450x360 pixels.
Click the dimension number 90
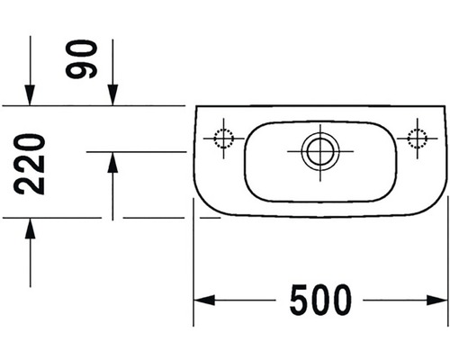pos(81,59)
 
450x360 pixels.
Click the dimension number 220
pos(30,164)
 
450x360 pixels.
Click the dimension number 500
pos(320,300)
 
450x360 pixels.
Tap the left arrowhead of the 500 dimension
pos(204,300)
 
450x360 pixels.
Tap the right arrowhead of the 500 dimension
pos(437,300)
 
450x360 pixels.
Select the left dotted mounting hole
pos(223,139)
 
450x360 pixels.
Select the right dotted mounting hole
pos(418,139)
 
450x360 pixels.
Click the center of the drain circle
pos(320,151)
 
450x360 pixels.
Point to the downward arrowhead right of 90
pos(112,95)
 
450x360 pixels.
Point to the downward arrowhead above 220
pos(30,95)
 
